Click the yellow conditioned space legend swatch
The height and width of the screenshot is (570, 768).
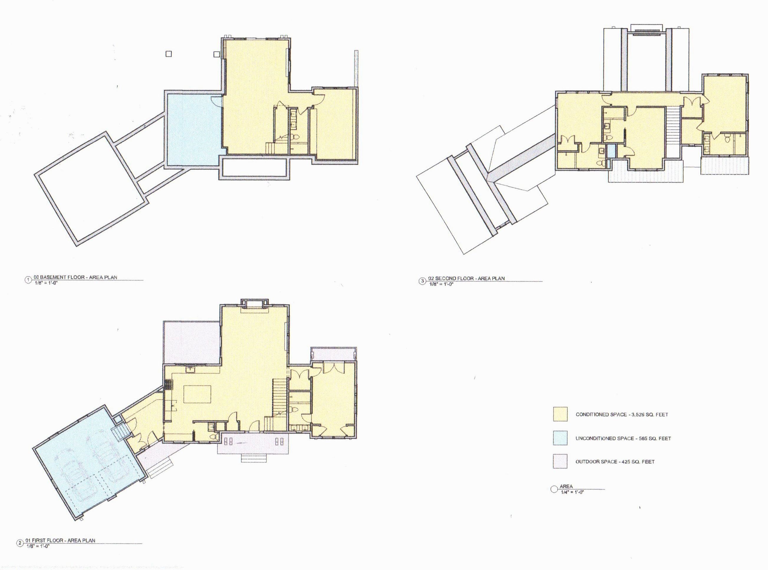[x=560, y=414]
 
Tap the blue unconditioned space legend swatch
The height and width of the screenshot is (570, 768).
[x=560, y=438]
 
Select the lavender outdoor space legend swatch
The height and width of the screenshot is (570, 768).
[x=560, y=461]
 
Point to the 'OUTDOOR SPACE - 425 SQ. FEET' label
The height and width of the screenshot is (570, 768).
[x=615, y=462]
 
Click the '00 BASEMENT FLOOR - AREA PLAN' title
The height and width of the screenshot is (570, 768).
[x=75, y=277]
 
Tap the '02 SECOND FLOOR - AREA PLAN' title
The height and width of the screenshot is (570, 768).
[x=466, y=278]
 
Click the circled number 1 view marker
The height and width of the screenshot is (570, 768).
[x=28, y=280]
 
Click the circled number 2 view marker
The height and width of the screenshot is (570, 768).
[x=20, y=543]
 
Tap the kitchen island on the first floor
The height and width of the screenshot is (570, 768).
[x=198, y=394]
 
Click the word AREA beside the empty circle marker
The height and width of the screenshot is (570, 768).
[x=566, y=486]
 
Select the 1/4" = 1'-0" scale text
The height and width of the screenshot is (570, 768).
[x=572, y=492]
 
